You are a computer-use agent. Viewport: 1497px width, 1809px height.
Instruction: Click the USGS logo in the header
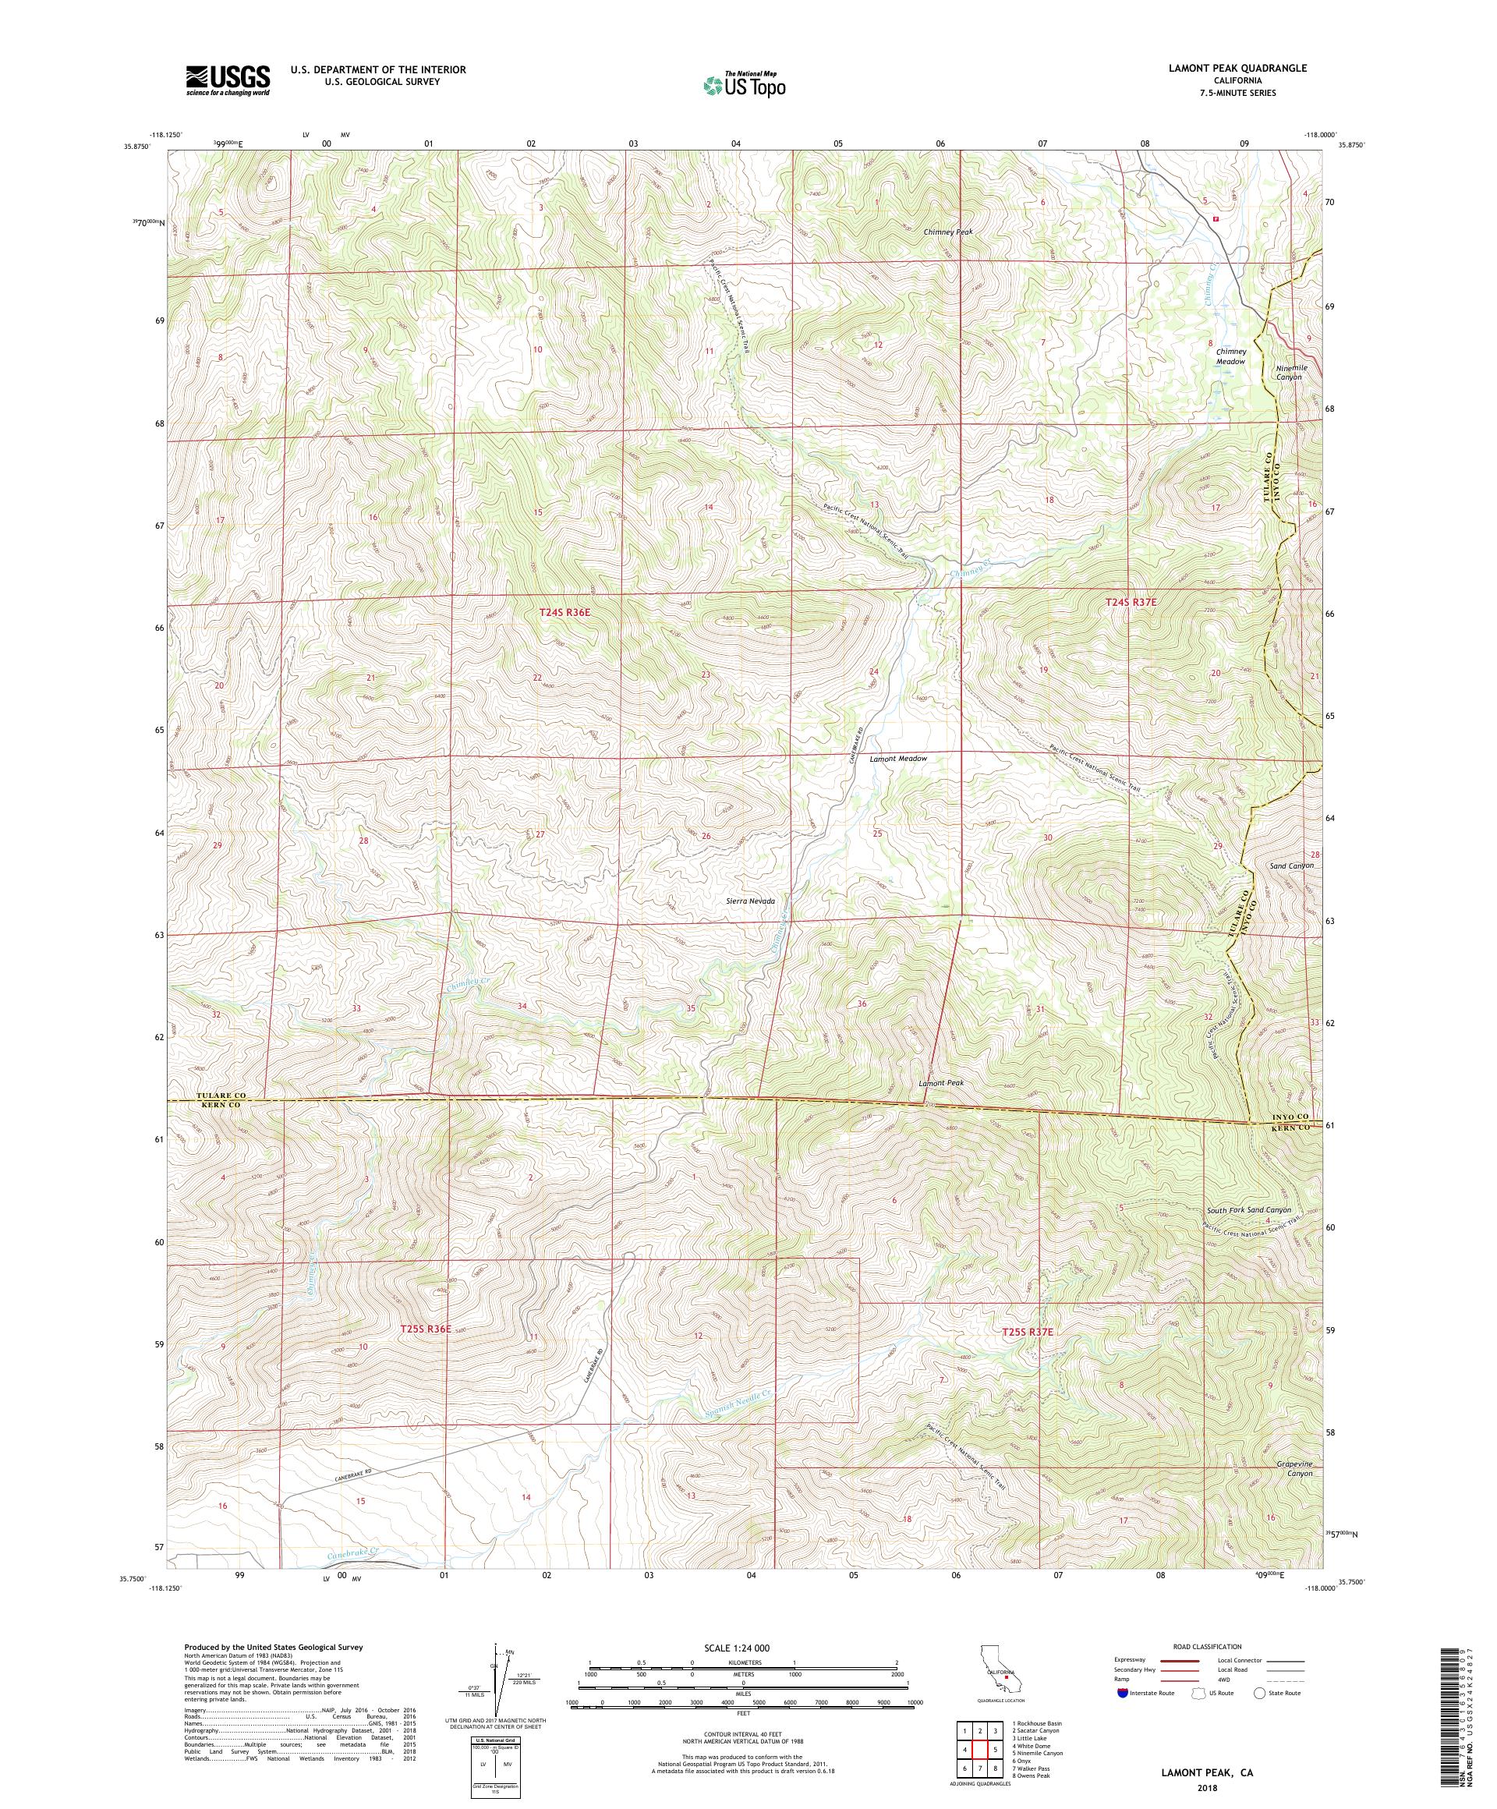[228, 81]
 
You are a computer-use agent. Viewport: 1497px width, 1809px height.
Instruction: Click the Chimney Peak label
[947, 232]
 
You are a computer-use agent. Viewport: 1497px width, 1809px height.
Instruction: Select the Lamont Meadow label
[898, 758]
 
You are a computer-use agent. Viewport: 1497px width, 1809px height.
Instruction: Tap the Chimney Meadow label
[1231, 356]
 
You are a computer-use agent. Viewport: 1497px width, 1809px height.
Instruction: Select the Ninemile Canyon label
[1291, 372]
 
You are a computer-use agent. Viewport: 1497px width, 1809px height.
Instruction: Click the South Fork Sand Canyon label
[1248, 1209]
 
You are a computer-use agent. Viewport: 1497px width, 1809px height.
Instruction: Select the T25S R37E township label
[1028, 1356]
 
